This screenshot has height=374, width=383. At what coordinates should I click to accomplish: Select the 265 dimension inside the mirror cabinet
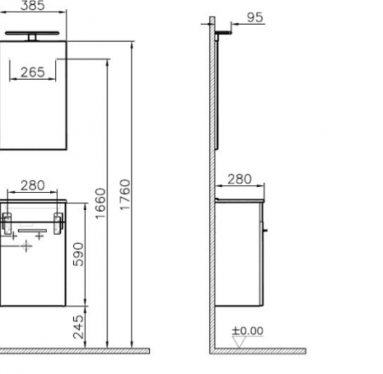click(32, 73)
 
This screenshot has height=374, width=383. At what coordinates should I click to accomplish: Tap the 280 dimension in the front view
click(32, 185)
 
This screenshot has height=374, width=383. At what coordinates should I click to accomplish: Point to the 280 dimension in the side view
click(239, 179)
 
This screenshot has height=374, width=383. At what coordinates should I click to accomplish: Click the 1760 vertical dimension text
click(125, 196)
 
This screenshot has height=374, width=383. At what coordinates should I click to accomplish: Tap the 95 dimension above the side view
click(254, 17)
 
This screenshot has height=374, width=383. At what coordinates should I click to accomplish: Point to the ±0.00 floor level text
click(248, 331)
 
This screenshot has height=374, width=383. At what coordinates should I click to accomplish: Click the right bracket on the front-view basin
click(58, 224)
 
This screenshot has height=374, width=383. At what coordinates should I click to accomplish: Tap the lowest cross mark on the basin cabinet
click(26, 247)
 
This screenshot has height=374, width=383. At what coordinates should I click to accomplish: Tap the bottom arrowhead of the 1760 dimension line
click(133, 344)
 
